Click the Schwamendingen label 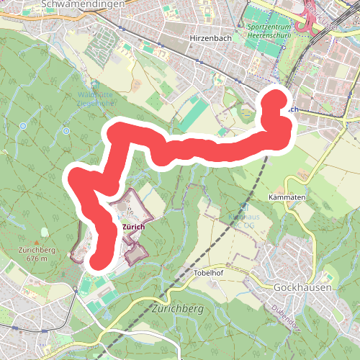tap(73, 4)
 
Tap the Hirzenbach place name tap(210, 37)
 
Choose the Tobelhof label tap(210, 274)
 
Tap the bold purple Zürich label tap(134, 227)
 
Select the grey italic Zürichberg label tap(179, 309)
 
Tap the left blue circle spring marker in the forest tap(23, 126)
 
